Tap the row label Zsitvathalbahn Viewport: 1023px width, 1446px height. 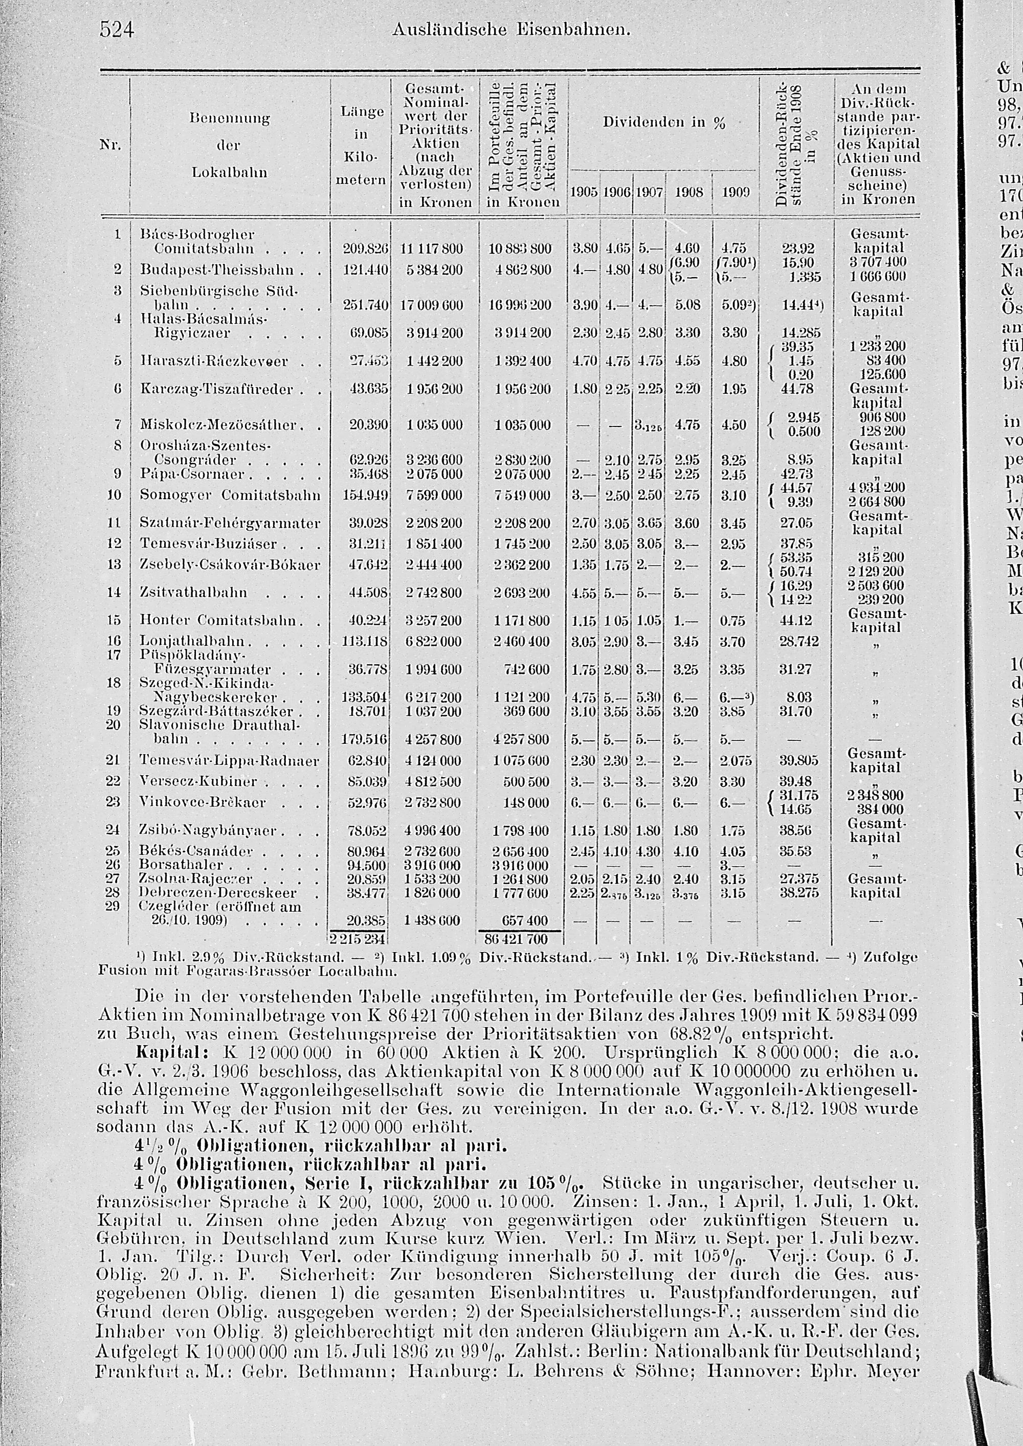194,593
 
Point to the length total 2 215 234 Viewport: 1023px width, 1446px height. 358,939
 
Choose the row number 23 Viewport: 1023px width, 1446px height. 114,802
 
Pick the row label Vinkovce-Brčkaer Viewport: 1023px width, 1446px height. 203,802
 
